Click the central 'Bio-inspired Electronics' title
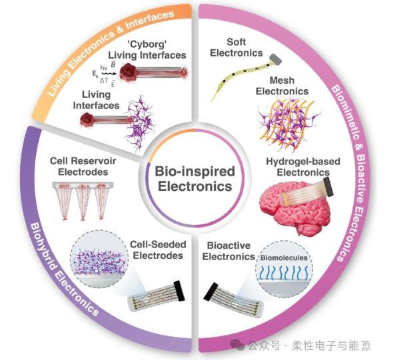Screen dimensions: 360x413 click(196, 179)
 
